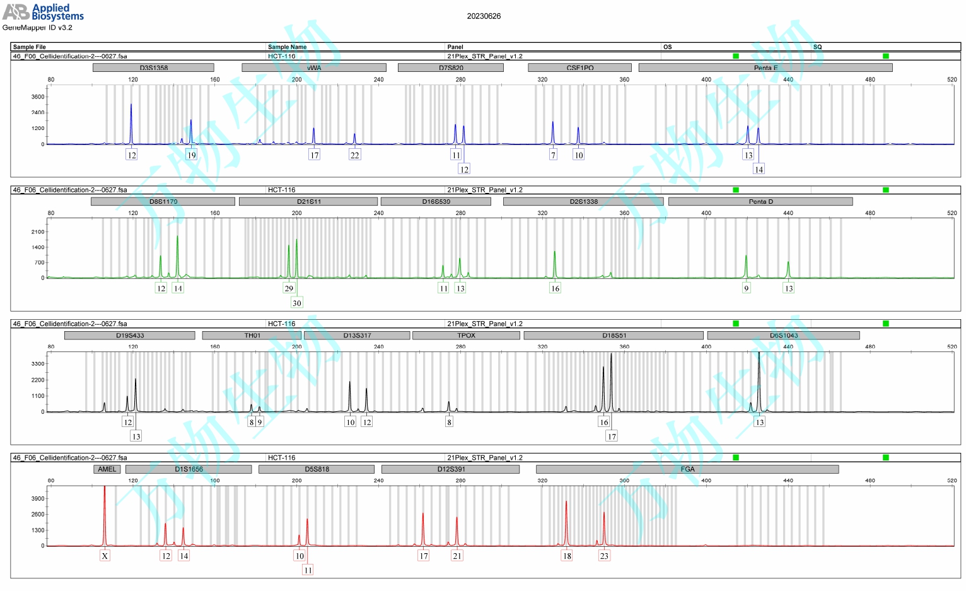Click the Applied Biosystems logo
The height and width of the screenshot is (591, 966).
(43, 12)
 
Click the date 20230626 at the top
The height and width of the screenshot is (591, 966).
(484, 16)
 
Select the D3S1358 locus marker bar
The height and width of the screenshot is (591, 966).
(153, 67)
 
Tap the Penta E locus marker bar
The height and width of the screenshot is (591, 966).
(765, 67)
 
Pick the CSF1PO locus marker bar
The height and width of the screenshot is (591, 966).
(579, 67)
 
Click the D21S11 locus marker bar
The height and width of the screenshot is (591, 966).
(308, 202)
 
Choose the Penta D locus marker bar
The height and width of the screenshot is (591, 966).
(760, 202)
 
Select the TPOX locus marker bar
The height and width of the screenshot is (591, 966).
(466, 336)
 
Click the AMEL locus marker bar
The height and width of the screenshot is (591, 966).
(107, 469)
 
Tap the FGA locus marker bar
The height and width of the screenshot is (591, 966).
(687, 469)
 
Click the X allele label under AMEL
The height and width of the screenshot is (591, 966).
(105, 556)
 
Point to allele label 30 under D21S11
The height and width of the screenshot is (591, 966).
(297, 303)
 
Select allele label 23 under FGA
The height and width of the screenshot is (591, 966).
(604, 556)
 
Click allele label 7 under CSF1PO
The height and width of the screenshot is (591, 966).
(553, 155)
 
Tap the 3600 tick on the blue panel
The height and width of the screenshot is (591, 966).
(38, 97)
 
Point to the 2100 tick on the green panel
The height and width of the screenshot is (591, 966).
(38, 231)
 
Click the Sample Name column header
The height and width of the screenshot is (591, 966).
(287, 47)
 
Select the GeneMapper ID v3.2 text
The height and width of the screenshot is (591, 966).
(37, 28)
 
